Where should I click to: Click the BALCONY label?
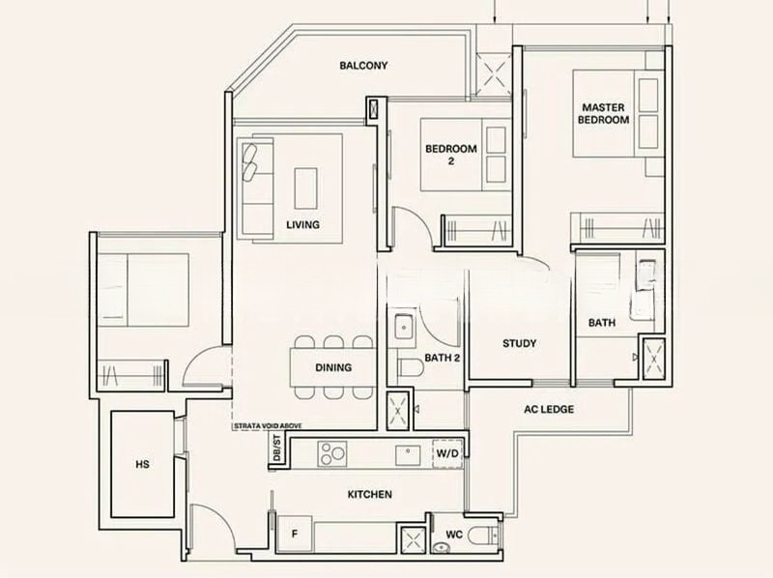coord(363,65)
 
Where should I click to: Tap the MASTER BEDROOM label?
coord(603,113)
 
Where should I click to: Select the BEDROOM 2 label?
coord(451,155)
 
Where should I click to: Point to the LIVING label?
coord(302,224)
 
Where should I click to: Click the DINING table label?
coord(333,367)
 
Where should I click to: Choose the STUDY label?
coord(519,343)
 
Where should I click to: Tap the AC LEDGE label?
coord(549,409)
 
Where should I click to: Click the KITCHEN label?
coord(370,494)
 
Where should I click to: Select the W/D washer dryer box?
coord(447,453)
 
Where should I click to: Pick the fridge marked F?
coord(295,535)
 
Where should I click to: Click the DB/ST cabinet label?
coord(276,448)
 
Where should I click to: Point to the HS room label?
coord(142,464)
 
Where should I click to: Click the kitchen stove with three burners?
coord(331,453)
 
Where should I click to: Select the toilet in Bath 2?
coord(409,367)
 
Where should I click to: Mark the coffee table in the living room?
coord(305,188)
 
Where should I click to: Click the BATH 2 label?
coord(443,358)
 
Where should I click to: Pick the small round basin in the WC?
coord(439,547)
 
